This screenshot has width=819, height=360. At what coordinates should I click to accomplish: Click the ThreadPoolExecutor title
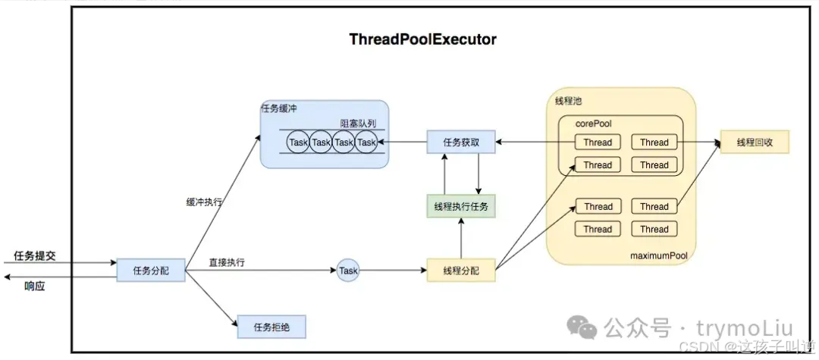coord(422,39)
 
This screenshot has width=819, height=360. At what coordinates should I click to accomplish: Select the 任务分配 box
coord(152,270)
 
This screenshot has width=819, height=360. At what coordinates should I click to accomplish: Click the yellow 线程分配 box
coord(461,270)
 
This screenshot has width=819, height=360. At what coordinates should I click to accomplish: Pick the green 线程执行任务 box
coord(461,206)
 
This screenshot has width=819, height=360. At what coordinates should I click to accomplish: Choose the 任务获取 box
coord(461,142)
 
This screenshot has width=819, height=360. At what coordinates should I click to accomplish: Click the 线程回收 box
coord(755,142)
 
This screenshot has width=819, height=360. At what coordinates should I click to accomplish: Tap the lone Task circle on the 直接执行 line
coord(348,270)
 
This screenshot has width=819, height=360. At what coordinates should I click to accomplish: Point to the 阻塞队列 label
coord(358,123)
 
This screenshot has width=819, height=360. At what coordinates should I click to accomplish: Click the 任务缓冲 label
coord(279,108)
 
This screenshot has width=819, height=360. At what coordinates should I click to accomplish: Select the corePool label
coord(593,124)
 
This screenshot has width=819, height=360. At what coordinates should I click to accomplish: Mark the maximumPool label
coord(658,255)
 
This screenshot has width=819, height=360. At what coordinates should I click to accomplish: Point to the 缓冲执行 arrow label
coord(204,202)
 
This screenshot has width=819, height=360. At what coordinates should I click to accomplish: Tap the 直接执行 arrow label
coord(226,262)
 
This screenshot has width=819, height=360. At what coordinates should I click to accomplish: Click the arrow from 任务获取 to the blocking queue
coord(406,142)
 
